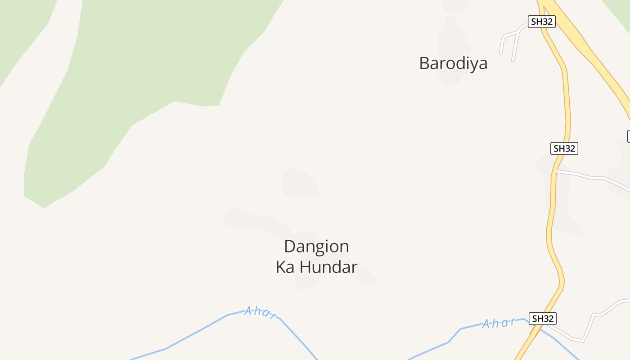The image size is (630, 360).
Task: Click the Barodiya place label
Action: point(453,63)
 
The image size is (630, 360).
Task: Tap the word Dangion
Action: point(316,247)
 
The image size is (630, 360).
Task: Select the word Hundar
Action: point(328,267)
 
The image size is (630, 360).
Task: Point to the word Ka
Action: point(285,267)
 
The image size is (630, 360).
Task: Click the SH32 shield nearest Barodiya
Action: point(542,21)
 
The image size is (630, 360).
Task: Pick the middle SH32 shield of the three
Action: point(564,148)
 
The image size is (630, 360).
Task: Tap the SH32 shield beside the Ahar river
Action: point(543,318)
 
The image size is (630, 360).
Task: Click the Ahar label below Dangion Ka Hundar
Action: point(260,312)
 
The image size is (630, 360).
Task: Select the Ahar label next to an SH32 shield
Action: point(499,323)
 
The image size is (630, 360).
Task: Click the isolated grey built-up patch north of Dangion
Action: point(299,184)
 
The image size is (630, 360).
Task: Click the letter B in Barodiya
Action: point(424,63)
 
